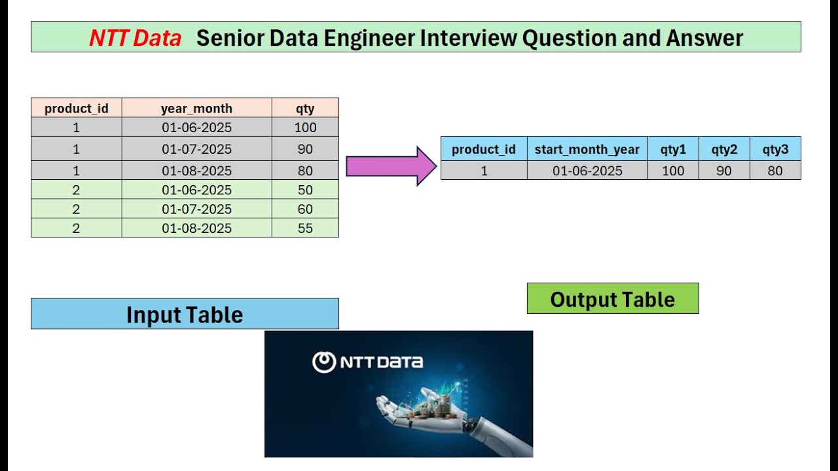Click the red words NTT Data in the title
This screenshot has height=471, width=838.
[x=135, y=39]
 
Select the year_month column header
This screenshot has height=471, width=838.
[x=196, y=109]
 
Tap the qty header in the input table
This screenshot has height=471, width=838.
[x=305, y=109]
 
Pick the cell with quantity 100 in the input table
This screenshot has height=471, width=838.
[x=305, y=128]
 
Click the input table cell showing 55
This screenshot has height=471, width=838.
[x=305, y=228]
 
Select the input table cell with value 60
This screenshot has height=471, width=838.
[x=305, y=209]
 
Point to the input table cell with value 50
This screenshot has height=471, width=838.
[x=305, y=190]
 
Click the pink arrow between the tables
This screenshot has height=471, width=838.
[x=390, y=166]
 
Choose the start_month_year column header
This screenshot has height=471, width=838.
[x=587, y=150]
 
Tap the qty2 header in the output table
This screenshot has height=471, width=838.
[x=724, y=150]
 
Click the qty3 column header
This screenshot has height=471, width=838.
[x=775, y=150]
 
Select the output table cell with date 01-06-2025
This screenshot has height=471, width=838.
[x=587, y=171]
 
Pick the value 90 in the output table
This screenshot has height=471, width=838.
[x=724, y=171]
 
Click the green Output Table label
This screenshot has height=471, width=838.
[x=612, y=299]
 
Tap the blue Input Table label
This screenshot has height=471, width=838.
[x=185, y=315]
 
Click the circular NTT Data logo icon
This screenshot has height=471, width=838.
[x=323, y=362]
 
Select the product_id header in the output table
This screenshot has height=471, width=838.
[x=484, y=150]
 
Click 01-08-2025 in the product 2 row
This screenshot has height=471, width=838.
[x=196, y=228]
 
